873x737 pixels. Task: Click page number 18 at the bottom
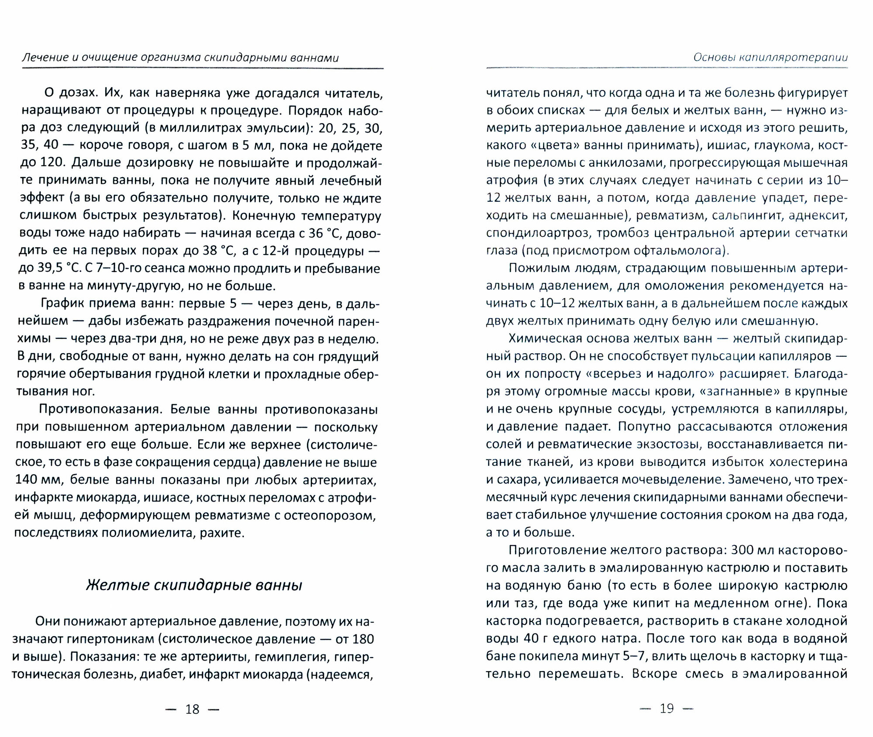pos(192,709)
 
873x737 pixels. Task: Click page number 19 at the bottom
pos(667,708)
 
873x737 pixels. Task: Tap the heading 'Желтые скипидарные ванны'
pos(194,585)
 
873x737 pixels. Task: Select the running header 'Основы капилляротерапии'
pos(770,58)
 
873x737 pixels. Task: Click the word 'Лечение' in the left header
pos(45,57)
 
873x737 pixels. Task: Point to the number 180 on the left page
pos(362,639)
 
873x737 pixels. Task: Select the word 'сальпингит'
pos(747,215)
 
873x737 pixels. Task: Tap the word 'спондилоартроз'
pos(539,233)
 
